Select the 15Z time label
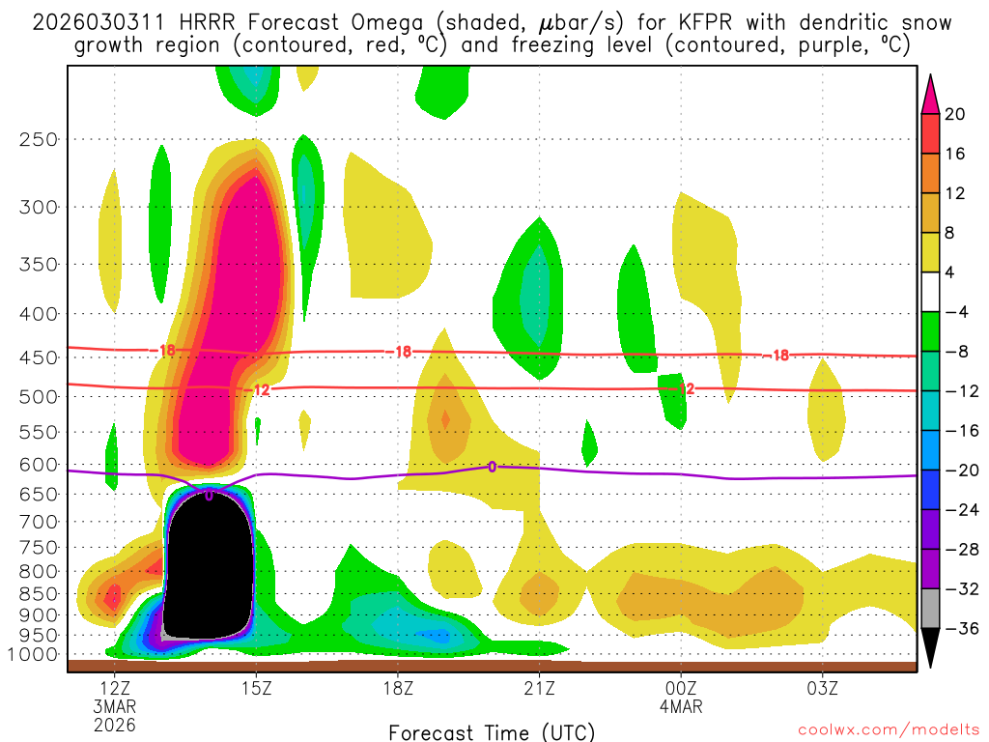click(256, 688)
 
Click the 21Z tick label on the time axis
click(539, 688)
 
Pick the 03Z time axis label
click(822, 688)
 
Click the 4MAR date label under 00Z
click(681, 706)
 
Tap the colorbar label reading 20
click(954, 114)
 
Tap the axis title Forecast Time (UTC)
click(492, 731)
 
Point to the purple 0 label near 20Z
click(492, 467)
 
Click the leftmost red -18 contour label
click(167, 350)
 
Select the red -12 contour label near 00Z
click(687, 388)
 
